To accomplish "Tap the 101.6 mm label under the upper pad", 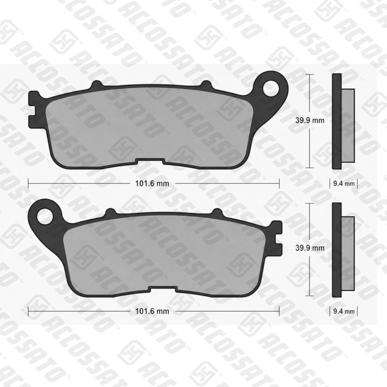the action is point(152,183).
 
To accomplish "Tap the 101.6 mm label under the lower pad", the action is point(152,311).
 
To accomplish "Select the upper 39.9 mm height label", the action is point(310,120).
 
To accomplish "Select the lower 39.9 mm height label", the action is point(310,248).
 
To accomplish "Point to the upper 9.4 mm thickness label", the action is point(344,183).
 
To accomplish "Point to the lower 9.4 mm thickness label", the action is point(344,311).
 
